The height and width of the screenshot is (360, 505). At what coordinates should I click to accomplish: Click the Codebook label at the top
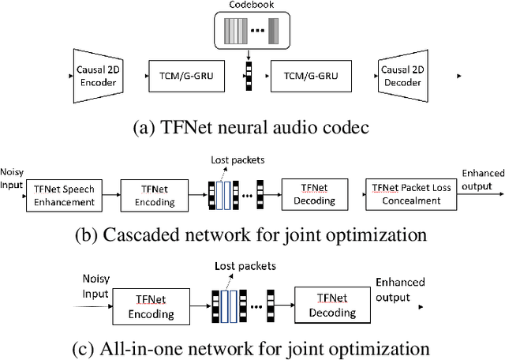click(x=247, y=6)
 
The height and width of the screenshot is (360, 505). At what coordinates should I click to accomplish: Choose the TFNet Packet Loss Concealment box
click(x=406, y=194)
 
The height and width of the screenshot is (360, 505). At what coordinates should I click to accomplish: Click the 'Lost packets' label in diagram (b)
click(x=237, y=159)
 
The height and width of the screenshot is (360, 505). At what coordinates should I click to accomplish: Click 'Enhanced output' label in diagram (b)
click(x=483, y=178)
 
